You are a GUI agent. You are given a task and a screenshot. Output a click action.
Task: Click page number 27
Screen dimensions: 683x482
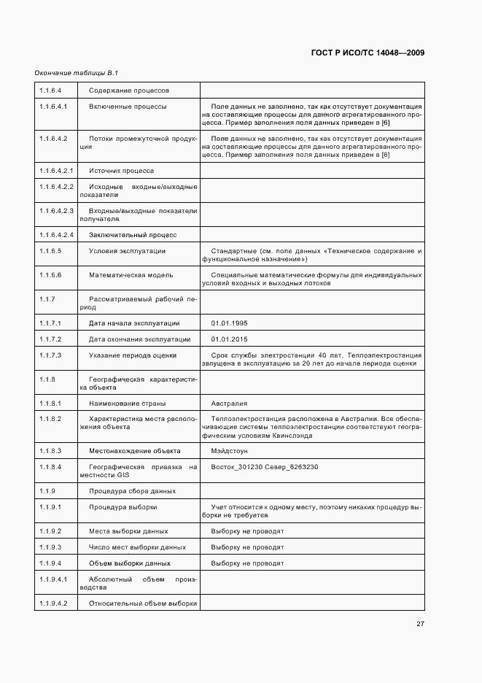pos(421,623)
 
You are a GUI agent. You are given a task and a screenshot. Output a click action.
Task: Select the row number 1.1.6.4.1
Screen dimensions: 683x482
pos(54,107)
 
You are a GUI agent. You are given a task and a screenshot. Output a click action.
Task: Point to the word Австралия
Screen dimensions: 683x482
pos(229,403)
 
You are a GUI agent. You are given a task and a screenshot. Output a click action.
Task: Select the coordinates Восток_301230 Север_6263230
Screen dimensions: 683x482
pos(265,467)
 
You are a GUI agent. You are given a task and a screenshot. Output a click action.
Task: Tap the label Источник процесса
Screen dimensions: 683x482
pos(121,171)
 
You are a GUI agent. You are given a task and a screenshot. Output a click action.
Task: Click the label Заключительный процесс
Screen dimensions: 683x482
pos(133,235)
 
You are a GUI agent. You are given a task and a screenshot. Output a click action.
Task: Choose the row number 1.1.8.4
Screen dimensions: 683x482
pos(50,467)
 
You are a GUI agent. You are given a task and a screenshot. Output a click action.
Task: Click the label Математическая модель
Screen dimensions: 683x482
pos(131,275)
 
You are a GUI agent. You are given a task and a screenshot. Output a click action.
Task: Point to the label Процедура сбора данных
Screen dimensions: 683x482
pos(133,490)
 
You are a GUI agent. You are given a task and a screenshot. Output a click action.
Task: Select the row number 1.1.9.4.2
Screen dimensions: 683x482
pos(54,603)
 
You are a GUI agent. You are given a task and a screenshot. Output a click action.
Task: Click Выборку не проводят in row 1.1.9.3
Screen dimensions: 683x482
pos(247,547)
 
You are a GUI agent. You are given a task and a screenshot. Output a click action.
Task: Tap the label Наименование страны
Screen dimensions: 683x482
pos(127,403)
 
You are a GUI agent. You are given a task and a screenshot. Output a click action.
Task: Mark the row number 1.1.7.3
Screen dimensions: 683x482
pos(50,355)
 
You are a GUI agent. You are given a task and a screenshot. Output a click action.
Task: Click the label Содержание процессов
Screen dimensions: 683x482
pos(129,90)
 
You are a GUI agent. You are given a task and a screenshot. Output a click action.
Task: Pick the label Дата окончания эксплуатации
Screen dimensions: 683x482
pos(140,339)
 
